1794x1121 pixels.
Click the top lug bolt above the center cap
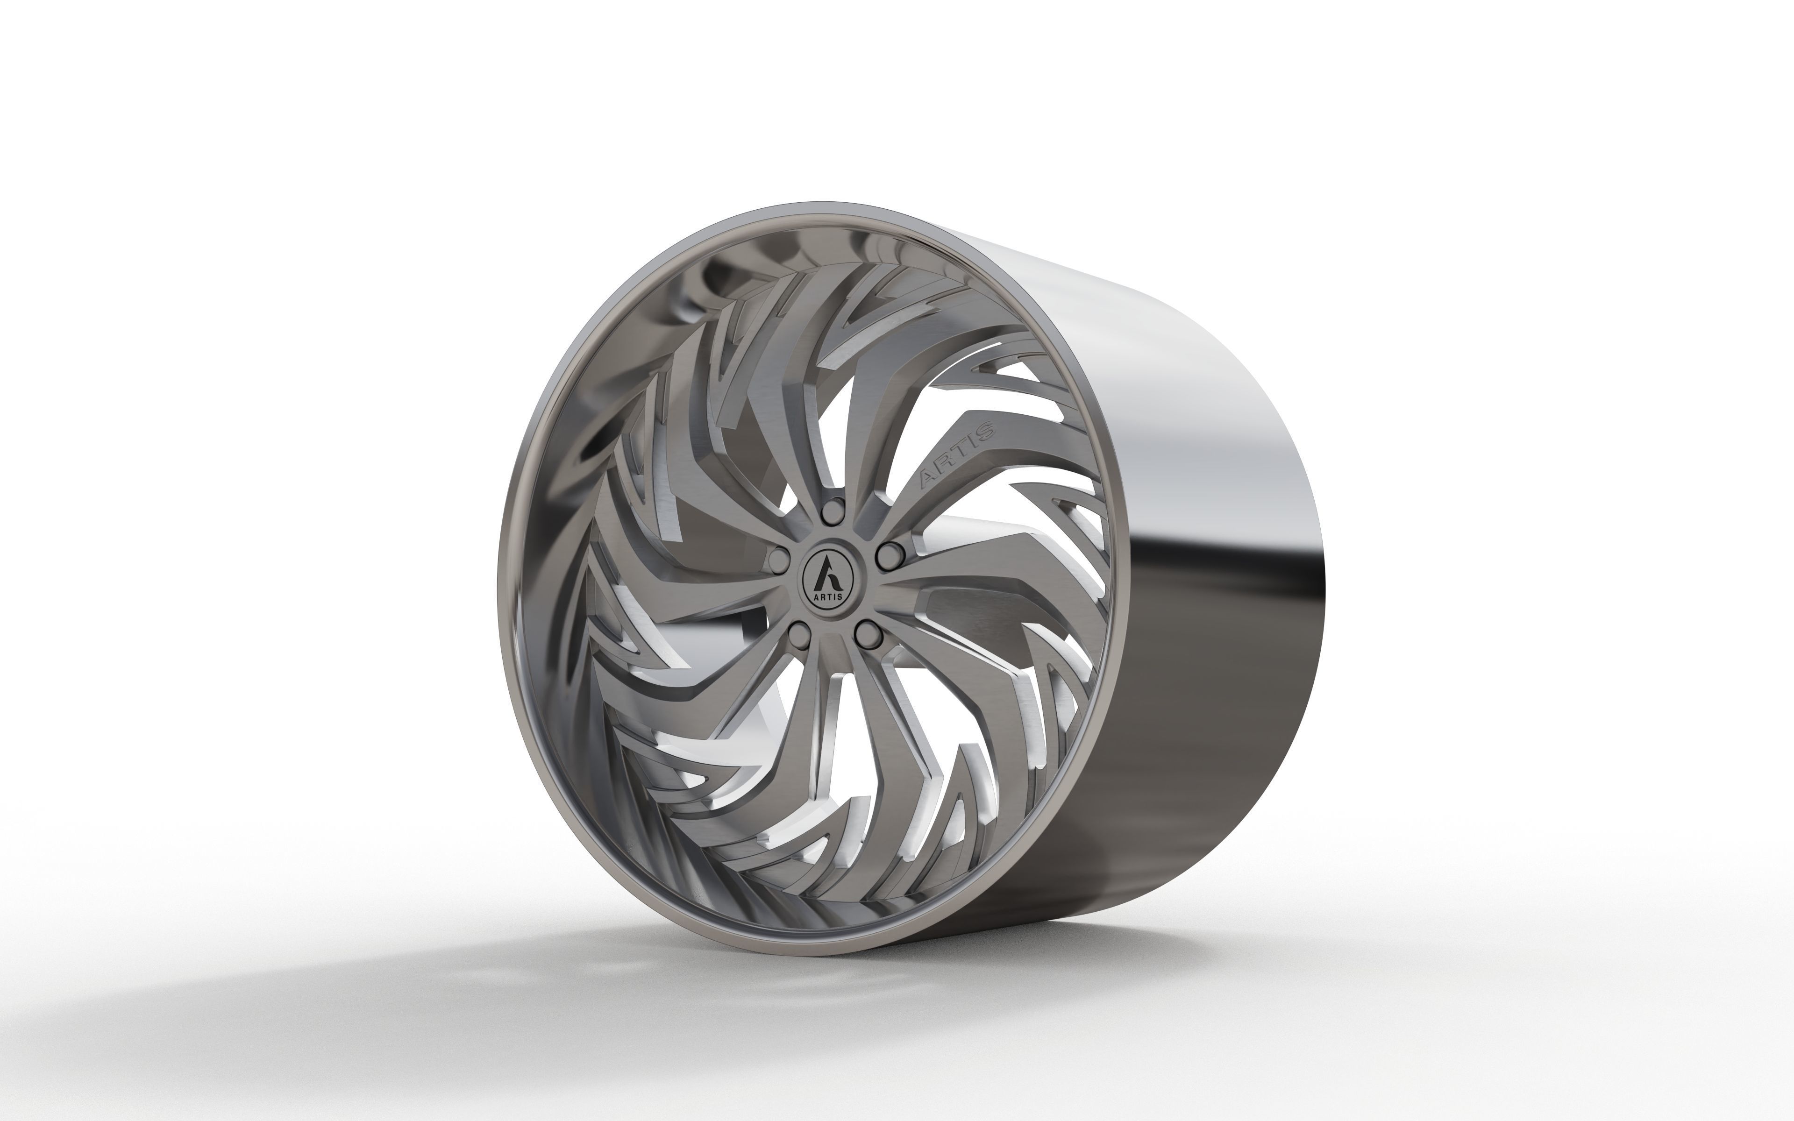point(835,509)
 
